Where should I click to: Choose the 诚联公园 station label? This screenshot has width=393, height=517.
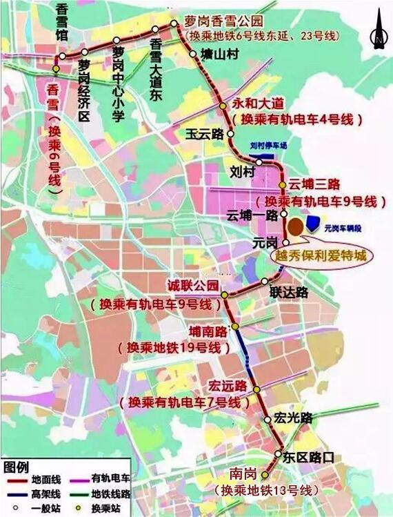tap(194, 285)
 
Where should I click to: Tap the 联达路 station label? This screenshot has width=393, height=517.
tap(289, 292)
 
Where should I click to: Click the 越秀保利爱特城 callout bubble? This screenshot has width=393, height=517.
tap(319, 255)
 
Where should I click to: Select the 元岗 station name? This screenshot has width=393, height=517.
tap(265, 242)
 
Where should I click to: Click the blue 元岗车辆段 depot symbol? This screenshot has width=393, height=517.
tap(314, 222)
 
